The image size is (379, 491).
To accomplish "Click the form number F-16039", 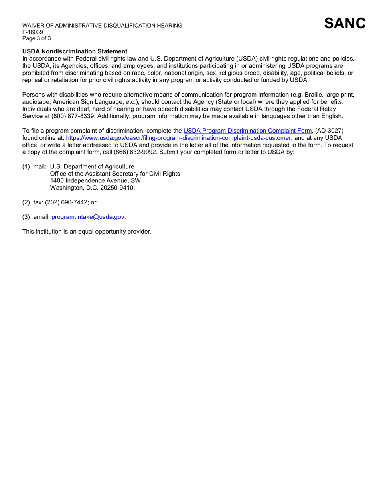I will (x=32, y=32).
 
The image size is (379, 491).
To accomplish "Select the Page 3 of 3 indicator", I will (x=36, y=38).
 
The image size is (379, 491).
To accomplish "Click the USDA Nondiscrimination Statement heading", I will (x=75, y=51).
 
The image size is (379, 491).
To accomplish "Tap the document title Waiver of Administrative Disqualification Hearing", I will (x=102, y=26).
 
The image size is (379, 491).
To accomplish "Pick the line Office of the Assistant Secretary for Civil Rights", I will (x=115, y=174).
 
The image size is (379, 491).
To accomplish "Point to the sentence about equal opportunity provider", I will (x=87, y=231).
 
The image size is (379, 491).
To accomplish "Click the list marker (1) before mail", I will (x=26, y=166).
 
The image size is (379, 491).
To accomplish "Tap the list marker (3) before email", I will (x=26, y=217).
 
